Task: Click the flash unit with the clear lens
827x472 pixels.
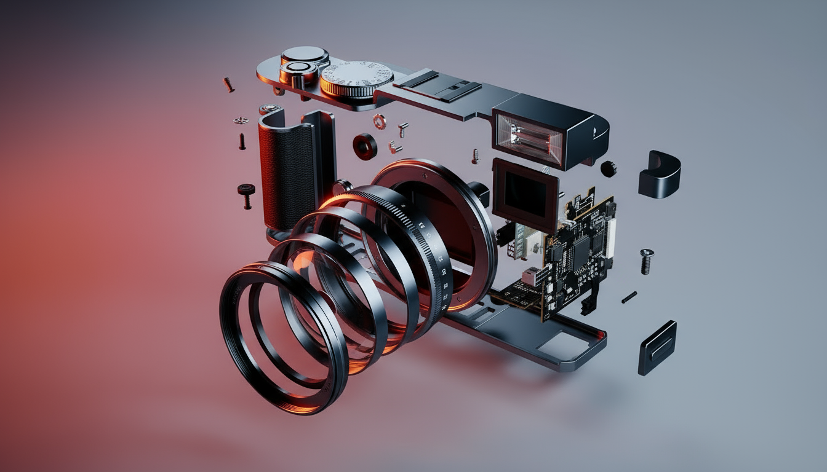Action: click(x=529, y=139)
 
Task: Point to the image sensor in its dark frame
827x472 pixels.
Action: click(x=524, y=193)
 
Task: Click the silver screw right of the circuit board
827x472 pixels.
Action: click(x=646, y=261)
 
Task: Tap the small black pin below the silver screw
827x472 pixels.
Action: click(x=628, y=297)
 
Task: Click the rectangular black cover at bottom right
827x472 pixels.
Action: click(x=657, y=347)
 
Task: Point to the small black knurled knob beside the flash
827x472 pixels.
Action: click(x=608, y=168)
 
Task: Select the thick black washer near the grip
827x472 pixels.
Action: click(x=365, y=146)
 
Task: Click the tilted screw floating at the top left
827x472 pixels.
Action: click(x=228, y=84)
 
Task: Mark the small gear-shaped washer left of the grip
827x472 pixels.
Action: click(x=241, y=120)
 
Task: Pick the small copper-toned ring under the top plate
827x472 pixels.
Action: click(x=380, y=121)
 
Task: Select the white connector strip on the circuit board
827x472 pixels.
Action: click(x=610, y=237)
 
